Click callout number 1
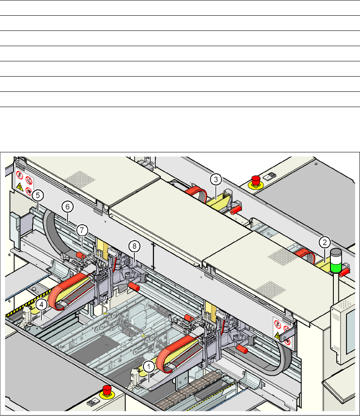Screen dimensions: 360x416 [149, 367]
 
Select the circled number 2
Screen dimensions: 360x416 [324, 242]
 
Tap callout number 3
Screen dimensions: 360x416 [216, 179]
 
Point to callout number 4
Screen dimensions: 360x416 [41, 305]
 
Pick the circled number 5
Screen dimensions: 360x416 [38, 196]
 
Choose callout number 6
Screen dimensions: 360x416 [68, 207]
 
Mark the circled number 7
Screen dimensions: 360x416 [82, 230]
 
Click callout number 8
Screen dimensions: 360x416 [134, 246]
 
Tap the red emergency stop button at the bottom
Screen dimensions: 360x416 [107, 390]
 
